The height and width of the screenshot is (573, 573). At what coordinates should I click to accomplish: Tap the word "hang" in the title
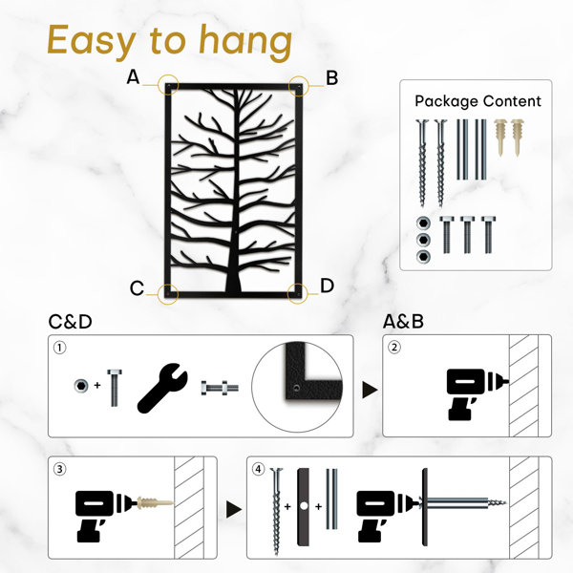coord(245,42)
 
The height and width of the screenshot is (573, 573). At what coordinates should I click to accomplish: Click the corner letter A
coord(133,77)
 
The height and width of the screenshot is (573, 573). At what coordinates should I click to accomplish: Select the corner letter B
coord(331,78)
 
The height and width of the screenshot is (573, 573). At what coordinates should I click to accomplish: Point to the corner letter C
coord(137,288)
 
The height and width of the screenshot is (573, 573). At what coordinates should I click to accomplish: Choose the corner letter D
coord(327,286)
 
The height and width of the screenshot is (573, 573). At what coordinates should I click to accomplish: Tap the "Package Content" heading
coord(477,101)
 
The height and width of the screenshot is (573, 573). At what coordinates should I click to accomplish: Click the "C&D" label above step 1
coord(70,322)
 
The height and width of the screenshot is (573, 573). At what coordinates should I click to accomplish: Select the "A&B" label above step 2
coord(403,322)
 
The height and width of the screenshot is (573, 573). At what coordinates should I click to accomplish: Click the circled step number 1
coord(60,348)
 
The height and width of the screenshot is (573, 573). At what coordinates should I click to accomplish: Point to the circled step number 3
coord(60,469)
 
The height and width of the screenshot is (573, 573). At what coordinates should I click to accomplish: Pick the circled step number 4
coord(259,469)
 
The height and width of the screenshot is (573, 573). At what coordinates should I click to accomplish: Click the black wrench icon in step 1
coord(162,388)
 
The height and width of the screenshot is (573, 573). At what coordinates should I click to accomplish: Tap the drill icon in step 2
coord(475,393)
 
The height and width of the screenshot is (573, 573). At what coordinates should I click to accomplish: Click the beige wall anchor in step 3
coord(155,503)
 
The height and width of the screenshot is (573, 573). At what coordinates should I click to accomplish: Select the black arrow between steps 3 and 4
coord(234,509)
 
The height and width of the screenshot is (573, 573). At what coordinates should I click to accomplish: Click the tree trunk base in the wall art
coord(233,282)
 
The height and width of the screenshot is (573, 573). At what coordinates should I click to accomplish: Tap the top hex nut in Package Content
coord(423,223)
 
